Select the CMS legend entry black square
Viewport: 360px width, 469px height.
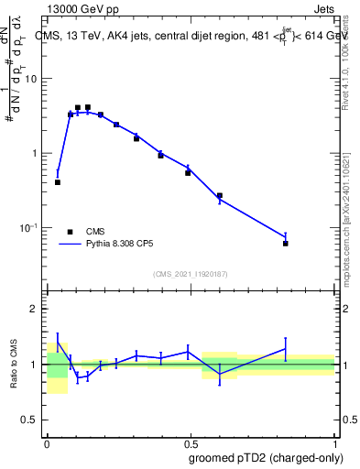tap(70, 232)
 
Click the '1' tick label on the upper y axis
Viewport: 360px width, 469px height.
tap(34, 153)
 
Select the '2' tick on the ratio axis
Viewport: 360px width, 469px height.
tap(34, 309)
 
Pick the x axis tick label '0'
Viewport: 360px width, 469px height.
tap(47, 442)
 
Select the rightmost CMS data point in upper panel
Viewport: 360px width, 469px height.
tap(286, 244)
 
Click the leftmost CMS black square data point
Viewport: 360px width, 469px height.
tap(58, 182)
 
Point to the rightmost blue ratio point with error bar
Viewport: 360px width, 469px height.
tap(286, 348)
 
